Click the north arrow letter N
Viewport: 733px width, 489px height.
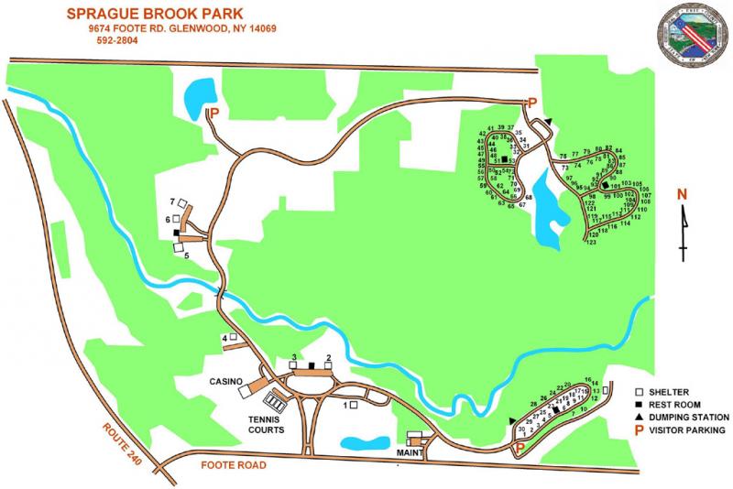coord(682,193)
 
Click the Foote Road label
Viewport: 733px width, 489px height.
coord(233,466)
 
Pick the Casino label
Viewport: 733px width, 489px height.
coord(225,381)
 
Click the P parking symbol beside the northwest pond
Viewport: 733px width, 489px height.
coord(215,114)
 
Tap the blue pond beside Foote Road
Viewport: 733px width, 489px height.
coord(365,444)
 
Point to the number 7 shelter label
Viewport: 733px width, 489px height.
coord(171,201)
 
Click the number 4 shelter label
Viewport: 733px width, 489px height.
coord(224,338)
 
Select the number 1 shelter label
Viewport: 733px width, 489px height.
coord(345,404)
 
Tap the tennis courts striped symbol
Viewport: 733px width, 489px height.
coord(274,401)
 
